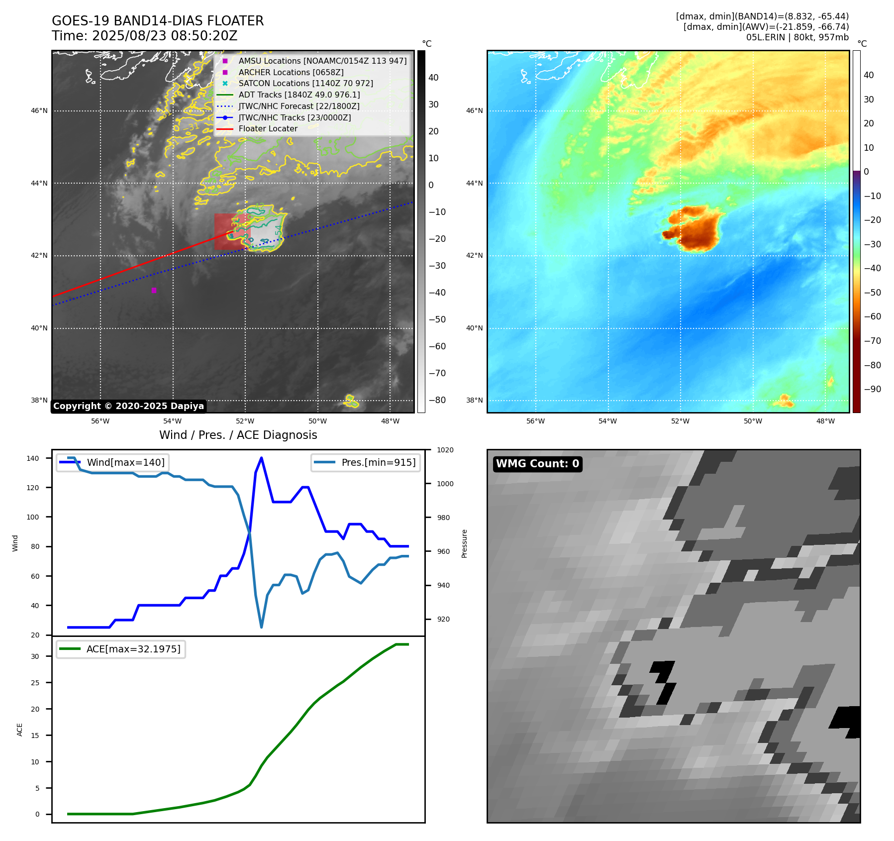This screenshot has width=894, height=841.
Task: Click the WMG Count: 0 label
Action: point(537,464)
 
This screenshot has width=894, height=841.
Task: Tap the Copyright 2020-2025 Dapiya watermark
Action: point(128,406)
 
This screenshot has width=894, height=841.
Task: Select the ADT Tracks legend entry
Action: point(298,95)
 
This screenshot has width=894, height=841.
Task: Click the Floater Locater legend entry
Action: point(268,128)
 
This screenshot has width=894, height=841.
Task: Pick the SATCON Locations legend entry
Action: point(305,83)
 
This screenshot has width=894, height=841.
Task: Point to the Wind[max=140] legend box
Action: point(112,462)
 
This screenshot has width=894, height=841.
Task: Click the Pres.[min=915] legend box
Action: point(366,462)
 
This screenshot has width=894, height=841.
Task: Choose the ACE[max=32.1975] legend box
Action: point(120,649)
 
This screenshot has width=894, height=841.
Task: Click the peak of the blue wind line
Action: point(261,458)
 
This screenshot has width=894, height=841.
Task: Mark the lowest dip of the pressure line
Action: point(261,627)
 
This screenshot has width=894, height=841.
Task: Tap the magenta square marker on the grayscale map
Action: point(154,290)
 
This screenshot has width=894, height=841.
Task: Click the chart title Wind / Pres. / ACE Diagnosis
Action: point(238,435)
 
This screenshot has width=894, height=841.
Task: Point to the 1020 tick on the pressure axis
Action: point(445,450)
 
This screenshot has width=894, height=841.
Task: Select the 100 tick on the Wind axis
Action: point(32,517)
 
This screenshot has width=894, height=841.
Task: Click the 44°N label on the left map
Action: point(39,183)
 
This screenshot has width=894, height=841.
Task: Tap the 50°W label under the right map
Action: point(753,421)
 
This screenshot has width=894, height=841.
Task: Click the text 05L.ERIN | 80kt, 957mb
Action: point(797,37)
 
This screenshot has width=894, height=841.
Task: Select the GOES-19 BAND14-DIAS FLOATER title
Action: point(158,21)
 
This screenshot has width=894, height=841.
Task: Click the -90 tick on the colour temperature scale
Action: point(872,389)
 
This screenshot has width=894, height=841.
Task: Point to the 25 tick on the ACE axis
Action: point(35,683)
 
